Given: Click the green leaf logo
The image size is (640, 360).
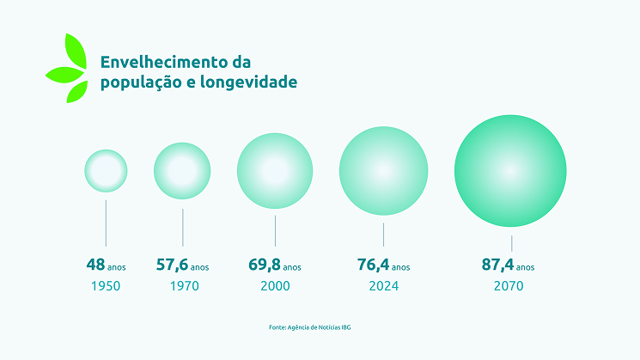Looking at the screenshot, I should click(67, 69).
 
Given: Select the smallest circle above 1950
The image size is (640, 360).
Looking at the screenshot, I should click(106, 170).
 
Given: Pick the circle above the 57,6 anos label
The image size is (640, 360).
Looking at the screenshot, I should click(182, 170).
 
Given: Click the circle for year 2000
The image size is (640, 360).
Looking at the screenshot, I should click(275, 170).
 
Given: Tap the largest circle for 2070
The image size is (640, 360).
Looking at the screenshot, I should click(510, 170).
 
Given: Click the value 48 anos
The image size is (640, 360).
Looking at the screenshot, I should click(106, 265).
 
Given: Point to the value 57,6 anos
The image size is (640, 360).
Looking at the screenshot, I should click(182, 265).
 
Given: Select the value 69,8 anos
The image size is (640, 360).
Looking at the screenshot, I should click(275, 265).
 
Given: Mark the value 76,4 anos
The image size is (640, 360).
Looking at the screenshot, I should click(383, 265).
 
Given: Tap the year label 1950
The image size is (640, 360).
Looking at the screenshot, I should click(105, 286).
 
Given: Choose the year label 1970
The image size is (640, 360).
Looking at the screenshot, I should click(183, 286).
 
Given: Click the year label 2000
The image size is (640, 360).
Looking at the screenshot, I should click(275, 286).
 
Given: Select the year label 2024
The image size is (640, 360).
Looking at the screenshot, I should click(383, 286).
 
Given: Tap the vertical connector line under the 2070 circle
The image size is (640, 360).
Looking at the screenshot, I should click(512, 242).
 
